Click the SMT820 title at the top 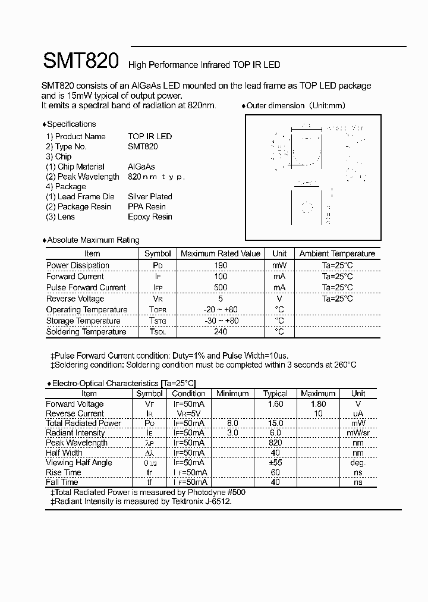(81, 61)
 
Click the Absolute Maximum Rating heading (93, 240)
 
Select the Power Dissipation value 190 (220, 265)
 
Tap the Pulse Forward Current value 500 (220, 287)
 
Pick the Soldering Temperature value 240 (220, 331)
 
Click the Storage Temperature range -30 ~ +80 (220, 321)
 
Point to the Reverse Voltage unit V (279, 299)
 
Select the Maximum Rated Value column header (221, 253)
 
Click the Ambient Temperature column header (337, 253)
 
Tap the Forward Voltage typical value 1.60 (275, 404)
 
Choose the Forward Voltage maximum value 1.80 (318, 404)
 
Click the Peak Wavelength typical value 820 (275, 443)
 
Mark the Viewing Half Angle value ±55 (275, 462)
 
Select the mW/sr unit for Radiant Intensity (358, 433)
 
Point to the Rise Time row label (63, 472)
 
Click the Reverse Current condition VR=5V (188, 413)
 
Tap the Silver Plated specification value (150, 196)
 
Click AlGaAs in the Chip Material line (141, 167)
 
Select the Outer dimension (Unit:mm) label (295, 105)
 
